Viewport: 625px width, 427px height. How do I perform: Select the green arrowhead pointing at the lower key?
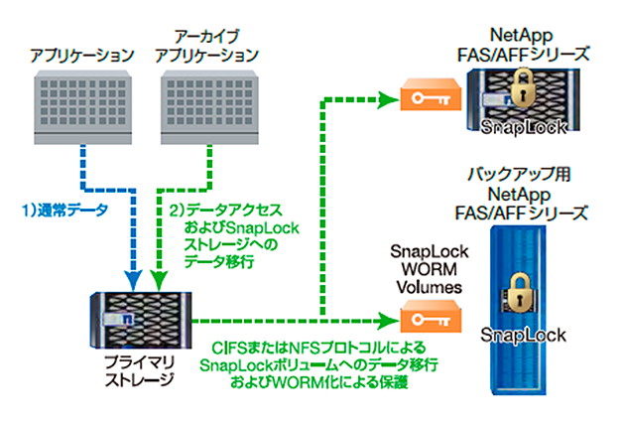[388, 320]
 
